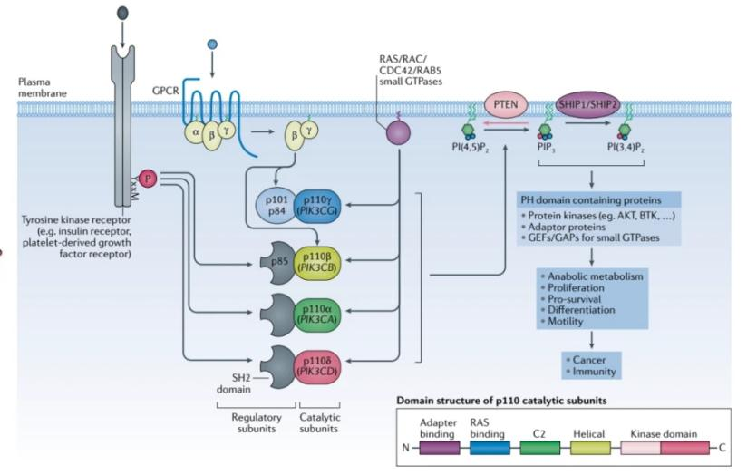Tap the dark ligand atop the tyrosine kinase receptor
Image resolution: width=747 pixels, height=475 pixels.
[123, 15]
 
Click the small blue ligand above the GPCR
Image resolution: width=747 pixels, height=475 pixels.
[212, 44]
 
